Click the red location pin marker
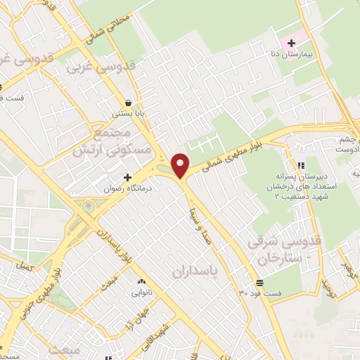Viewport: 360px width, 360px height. (x=181, y=165)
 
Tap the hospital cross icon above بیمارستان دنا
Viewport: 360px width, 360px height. (x=291, y=44)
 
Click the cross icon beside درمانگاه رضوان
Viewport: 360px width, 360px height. (x=127, y=176)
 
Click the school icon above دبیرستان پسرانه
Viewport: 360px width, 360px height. (x=301, y=165)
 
